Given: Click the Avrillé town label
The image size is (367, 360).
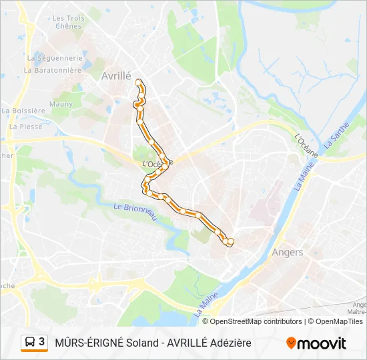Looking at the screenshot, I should click(116, 76).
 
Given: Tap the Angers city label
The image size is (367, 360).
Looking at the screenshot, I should click(288, 252).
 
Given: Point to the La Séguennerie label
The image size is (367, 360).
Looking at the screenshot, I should click(54, 58).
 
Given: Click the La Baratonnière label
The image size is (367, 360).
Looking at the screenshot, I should click(54, 69).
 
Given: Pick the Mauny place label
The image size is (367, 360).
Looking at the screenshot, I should click(61, 104).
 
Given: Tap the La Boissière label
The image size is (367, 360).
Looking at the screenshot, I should click(23, 111).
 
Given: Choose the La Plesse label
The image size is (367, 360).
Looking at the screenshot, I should click(26, 126).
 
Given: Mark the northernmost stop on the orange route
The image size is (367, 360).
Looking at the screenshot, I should click(139, 83).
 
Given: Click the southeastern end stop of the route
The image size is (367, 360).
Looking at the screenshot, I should click(231, 241).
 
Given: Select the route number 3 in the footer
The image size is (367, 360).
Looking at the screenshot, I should click(42, 342).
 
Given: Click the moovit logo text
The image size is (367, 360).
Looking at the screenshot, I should click(322, 343).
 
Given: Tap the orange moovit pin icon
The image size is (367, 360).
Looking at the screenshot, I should click(291, 343).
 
